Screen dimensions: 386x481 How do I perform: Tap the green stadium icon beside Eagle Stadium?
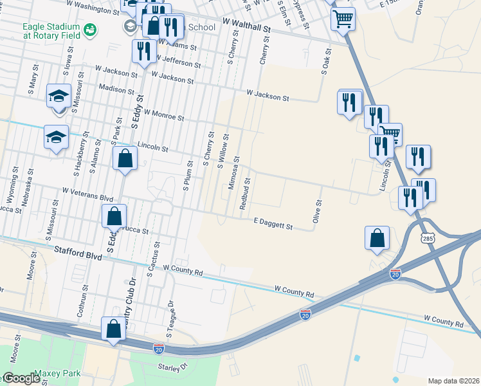click(x=90, y=30)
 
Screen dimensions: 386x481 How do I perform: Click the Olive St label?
click(x=316, y=212)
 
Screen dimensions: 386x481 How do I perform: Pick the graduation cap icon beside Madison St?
click(x=59, y=96)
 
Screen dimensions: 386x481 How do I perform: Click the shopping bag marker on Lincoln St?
click(x=125, y=158)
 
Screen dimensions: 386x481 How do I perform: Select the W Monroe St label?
click(x=164, y=115)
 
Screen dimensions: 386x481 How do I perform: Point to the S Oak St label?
click(x=325, y=62)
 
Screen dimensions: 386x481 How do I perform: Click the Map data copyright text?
click(x=453, y=381)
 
